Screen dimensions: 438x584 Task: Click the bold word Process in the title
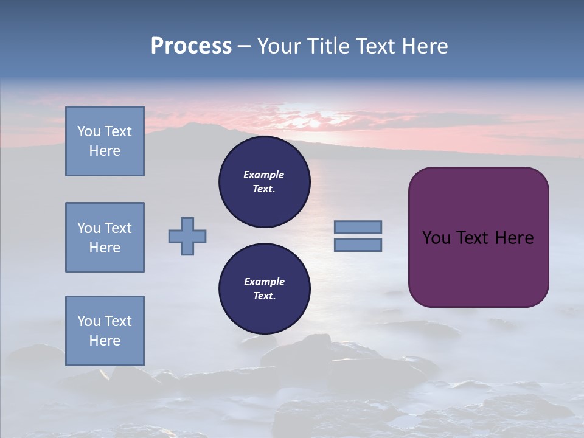click(x=191, y=46)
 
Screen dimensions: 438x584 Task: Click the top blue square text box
click(x=105, y=141)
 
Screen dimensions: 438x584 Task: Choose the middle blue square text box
click(x=105, y=237)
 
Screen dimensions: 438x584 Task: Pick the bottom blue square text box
click(x=105, y=331)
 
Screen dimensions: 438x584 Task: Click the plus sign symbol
click(x=187, y=236)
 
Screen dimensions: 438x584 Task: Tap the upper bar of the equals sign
click(x=358, y=227)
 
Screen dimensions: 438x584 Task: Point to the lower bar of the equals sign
click(x=358, y=245)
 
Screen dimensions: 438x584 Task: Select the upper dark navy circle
click(x=264, y=182)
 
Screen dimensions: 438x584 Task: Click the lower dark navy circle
click(x=264, y=289)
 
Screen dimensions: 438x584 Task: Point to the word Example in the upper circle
click(x=264, y=175)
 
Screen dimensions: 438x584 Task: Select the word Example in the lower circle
click(x=264, y=282)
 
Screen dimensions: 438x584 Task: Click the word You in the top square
click(x=88, y=131)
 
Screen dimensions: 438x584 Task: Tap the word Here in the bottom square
click(x=105, y=341)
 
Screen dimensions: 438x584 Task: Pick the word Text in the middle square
click(x=118, y=228)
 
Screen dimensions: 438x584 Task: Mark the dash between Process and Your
click(x=245, y=46)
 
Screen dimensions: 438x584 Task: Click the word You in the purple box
click(x=436, y=238)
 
